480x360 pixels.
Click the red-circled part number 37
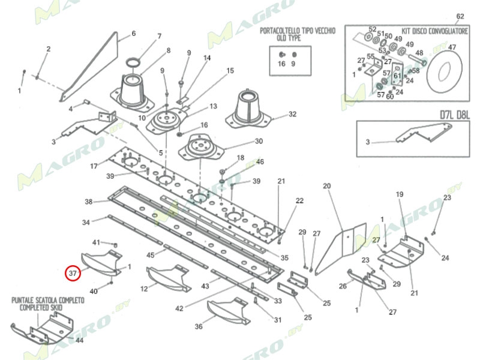pos(73,273)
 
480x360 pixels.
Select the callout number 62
pos(460,16)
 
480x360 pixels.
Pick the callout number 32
pos(292,114)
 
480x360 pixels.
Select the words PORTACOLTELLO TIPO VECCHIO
pos(297,30)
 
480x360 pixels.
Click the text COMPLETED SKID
pos(39,307)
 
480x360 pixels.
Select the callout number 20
pos(327,187)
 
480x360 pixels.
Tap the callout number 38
pos(88,202)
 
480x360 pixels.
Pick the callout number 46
pos(260,162)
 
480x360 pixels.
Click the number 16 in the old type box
pos(281,64)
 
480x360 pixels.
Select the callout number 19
pos(400,194)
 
